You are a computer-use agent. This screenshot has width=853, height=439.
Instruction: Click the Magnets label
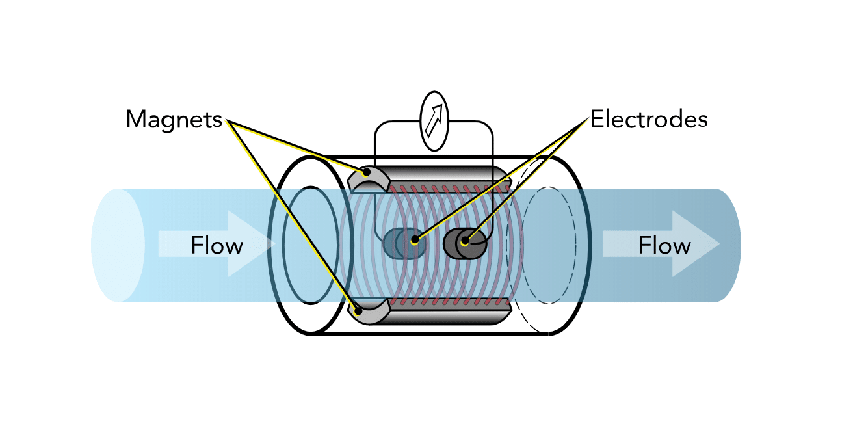(174, 120)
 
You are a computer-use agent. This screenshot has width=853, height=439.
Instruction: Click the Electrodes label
(649, 120)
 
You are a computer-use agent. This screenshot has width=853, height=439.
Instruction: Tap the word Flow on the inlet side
(217, 246)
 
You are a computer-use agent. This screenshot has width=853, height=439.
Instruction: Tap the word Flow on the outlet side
(664, 246)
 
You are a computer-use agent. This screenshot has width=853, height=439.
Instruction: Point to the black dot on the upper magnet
(367, 173)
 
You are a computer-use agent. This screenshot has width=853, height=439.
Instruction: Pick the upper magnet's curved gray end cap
(369, 178)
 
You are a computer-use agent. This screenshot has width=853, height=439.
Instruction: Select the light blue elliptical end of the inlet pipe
(117, 245)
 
